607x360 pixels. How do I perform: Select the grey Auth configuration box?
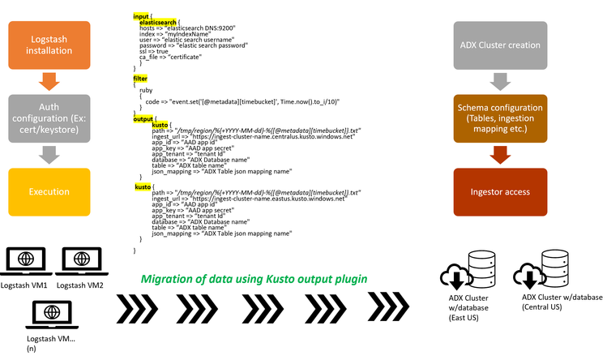click(x=49, y=117)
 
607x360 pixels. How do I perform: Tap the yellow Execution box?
click(x=49, y=191)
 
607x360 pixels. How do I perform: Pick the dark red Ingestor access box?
click(x=501, y=191)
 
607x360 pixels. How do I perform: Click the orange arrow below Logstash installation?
click(x=49, y=81)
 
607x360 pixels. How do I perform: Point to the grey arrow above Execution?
click(x=49, y=154)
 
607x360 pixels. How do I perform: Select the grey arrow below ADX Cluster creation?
click(x=501, y=81)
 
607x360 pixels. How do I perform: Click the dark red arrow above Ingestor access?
click(x=501, y=154)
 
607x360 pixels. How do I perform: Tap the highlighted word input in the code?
click(x=141, y=16)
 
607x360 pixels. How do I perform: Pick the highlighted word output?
click(x=143, y=118)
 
